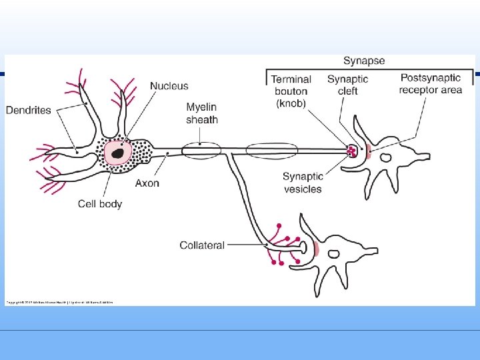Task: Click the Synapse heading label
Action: tap(364, 61)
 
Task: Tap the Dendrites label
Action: tap(28, 110)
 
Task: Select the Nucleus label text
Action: tap(169, 85)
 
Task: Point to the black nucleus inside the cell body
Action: tap(118, 153)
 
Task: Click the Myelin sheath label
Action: tap(201, 113)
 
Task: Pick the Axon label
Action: tap(147, 183)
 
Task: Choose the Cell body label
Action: tap(100, 204)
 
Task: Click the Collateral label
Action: tap(201, 245)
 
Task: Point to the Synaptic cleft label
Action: tap(347, 85)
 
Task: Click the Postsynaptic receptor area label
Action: tap(431, 84)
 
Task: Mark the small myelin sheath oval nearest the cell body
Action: tap(201, 151)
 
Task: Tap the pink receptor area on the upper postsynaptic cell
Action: tap(367, 151)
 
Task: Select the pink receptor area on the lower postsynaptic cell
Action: tap(317, 249)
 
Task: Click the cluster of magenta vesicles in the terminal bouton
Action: tap(351, 151)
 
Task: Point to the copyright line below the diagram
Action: tap(60, 302)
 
